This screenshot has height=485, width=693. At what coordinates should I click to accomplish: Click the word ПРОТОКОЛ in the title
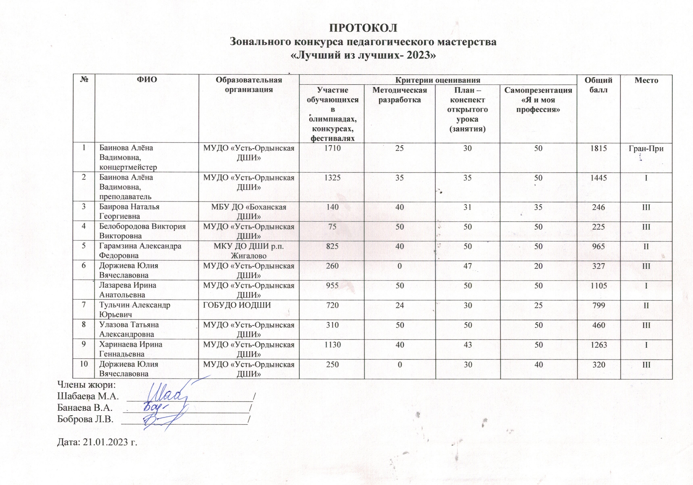coord(363,28)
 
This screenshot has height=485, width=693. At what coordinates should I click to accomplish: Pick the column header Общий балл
coord(598,85)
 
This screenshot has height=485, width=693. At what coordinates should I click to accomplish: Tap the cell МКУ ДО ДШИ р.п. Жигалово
coord(249,251)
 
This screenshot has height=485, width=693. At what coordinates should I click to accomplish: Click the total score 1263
coord(598,344)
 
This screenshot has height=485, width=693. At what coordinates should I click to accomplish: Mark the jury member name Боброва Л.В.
coord(85,419)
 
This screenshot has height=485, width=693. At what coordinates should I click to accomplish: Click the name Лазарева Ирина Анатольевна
coord(128,290)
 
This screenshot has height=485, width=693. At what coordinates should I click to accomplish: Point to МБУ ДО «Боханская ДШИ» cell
coord(249,212)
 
